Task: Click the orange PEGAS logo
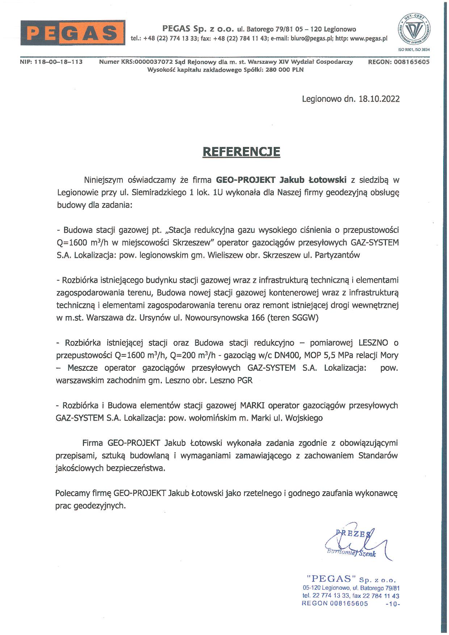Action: click(x=73, y=33)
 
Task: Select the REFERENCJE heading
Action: click(x=241, y=151)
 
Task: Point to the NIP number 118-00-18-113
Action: click(x=58, y=62)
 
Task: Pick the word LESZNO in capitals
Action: click(x=373, y=343)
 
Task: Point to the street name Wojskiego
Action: click(x=304, y=418)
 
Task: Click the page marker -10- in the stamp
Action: click(x=393, y=604)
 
